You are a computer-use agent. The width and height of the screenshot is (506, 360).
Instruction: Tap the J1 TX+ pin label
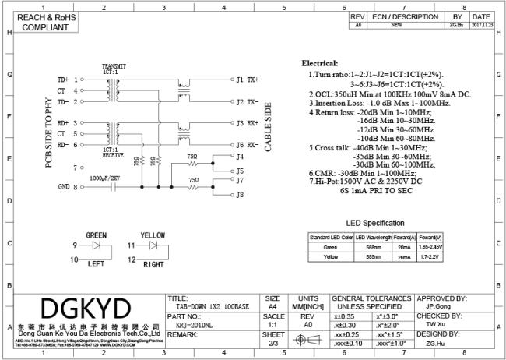pyautogui.click(x=248, y=79)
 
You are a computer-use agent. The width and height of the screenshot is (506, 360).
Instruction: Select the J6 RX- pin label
pyautogui.click(x=248, y=145)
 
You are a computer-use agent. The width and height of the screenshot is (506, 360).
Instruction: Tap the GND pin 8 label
pyautogui.click(x=66, y=187)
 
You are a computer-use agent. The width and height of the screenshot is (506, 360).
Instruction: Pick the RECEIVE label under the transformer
pyautogui.click(x=114, y=155)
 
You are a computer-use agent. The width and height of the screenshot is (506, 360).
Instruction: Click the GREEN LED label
pyautogui.click(x=97, y=234)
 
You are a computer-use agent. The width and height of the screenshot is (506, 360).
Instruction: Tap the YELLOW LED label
pyautogui.click(x=152, y=234)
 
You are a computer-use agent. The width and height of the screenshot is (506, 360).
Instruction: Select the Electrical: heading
pyautogui.click(x=320, y=63)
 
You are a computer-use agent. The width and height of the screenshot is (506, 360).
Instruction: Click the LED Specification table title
pyautogui.click(x=375, y=223)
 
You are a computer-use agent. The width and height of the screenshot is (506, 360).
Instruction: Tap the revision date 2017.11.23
pyautogui.click(x=481, y=24)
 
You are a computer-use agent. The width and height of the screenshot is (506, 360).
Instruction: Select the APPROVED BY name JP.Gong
pyautogui.click(x=441, y=306)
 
